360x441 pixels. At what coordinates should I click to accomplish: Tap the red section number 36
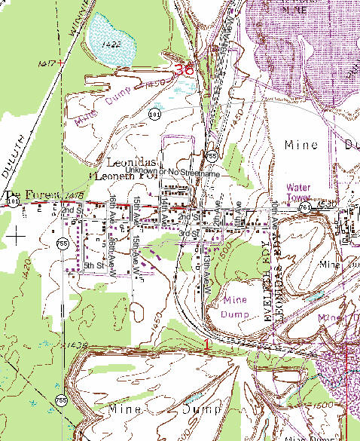[183, 69]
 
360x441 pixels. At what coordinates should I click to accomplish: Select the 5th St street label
[93, 265]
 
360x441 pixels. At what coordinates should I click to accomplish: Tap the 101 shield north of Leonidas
[154, 115]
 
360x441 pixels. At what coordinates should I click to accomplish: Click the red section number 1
[206, 344]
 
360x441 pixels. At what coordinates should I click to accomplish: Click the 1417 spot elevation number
[45, 64]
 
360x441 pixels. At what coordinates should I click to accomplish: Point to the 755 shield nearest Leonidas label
[214, 156]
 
